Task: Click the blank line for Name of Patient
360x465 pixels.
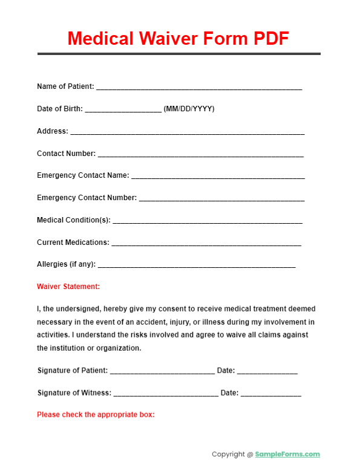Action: click(x=199, y=88)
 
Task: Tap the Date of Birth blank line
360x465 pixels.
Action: click(x=123, y=111)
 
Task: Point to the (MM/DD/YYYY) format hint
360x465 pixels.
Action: click(x=189, y=109)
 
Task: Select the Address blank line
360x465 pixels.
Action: click(x=187, y=133)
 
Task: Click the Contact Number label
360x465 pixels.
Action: click(x=66, y=154)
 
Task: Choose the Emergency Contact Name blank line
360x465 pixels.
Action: click(x=218, y=178)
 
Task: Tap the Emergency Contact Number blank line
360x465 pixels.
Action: click(x=221, y=200)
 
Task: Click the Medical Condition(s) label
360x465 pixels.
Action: click(x=74, y=220)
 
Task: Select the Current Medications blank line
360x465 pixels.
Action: click(x=206, y=244)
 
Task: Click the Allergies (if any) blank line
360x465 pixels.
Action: click(x=197, y=266)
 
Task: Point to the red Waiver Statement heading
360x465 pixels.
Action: click(x=68, y=287)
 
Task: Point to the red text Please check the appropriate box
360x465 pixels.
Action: click(x=96, y=415)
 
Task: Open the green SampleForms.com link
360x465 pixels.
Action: click(x=287, y=454)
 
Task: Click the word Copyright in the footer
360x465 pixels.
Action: click(x=229, y=454)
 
